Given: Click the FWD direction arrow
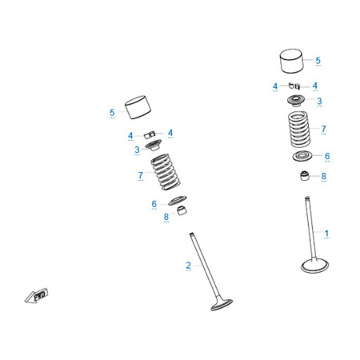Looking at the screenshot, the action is (37, 295).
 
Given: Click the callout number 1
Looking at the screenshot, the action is (326, 233).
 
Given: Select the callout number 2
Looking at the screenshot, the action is (188, 265).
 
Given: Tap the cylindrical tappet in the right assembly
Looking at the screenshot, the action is (292, 61).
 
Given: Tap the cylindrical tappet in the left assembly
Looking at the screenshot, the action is (138, 107).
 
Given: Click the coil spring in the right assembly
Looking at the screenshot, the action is (299, 130).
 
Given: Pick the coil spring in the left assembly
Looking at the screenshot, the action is (166, 172).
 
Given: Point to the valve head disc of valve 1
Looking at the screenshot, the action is (314, 266).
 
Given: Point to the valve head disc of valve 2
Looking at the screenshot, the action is (222, 305).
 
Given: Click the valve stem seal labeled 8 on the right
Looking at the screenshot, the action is (305, 176).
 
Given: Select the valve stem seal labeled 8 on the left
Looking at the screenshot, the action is (182, 210).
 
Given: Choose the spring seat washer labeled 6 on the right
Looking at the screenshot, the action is (302, 156).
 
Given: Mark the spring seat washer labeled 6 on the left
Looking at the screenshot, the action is (178, 200).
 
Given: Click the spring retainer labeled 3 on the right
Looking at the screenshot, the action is (296, 101).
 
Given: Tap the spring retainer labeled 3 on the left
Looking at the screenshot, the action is (154, 145).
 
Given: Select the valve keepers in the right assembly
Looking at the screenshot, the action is (294, 86).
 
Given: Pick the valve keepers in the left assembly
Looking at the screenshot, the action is (150, 134).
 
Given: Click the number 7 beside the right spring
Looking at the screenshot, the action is (323, 129).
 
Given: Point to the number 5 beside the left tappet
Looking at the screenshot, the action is (112, 112).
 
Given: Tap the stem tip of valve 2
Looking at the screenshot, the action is (191, 234).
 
